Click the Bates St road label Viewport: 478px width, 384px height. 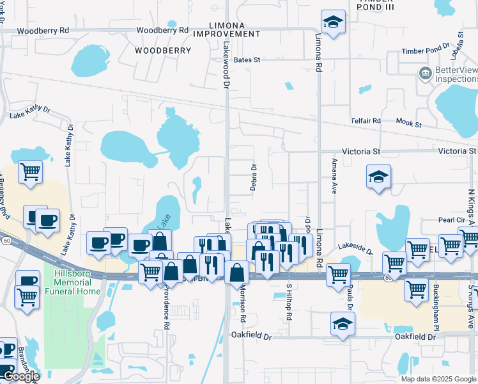tap(247, 60)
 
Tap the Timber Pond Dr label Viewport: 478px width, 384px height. tap(426, 51)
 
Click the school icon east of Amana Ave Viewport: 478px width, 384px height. tap(378, 177)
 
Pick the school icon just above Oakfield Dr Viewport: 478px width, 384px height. tap(343, 323)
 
